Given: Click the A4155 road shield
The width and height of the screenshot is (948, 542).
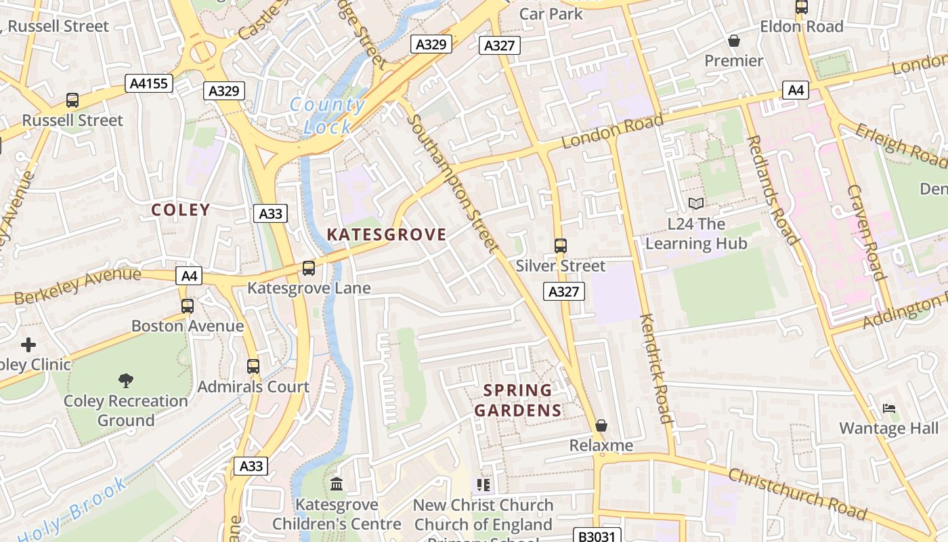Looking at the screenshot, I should [x=149, y=83].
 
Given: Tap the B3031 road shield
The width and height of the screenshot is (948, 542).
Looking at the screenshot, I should [x=596, y=536].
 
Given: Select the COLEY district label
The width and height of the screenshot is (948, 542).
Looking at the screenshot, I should [x=181, y=210].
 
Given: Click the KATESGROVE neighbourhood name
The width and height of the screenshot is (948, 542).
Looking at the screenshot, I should [x=387, y=235].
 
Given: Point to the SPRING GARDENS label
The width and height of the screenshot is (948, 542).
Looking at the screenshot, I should [x=518, y=400].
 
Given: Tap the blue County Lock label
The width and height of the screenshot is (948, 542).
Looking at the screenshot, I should [x=328, y=116].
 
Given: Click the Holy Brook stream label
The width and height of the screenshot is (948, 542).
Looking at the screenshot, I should [x=71, y=508].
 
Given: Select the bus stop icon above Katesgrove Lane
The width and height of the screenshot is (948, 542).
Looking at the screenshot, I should [x=309, y=268].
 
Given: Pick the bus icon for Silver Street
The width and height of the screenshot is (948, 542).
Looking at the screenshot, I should [x=561, y=246].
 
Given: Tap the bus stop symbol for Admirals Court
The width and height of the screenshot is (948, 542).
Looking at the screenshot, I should [x=253, y=367].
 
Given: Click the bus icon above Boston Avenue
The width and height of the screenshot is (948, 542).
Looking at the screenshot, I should [x=188, y=306].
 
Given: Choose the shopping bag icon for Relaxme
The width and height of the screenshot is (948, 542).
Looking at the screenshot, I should [x=601, y=425].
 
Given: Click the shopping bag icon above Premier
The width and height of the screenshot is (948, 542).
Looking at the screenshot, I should [x=733, y=41].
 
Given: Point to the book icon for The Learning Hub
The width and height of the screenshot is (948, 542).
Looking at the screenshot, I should [x=696, y=203].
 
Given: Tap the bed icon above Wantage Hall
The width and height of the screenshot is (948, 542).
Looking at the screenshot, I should [x=889, y=409].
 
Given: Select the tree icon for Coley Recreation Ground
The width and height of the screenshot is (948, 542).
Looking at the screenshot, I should [x=125, y=380].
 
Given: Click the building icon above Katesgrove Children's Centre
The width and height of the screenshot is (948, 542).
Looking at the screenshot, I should [x=337, y=484].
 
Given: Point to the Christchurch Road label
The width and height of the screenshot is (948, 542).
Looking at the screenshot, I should [x=797, y=494].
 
